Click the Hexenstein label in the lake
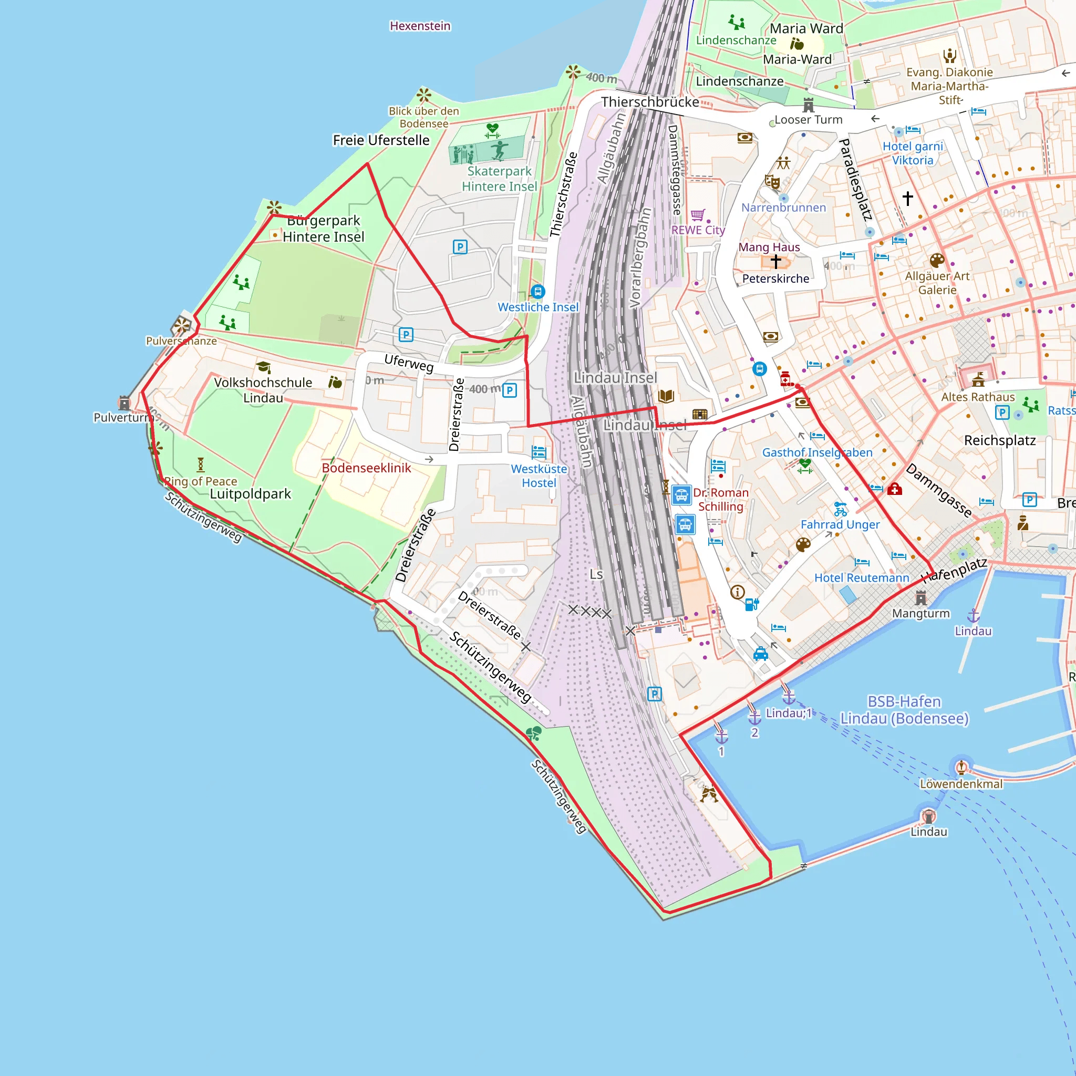pyautogui.click(x=420, y=26)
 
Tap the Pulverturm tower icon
pyautogui.click(x=124, y=402)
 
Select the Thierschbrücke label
pyautogui.click(x=649, y=102)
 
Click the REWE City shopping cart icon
pyautogui.click(x=698, y=215)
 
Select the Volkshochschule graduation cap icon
pyautogui.click(x=263, y=367)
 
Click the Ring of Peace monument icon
pyautogui.click(x=201, y=464)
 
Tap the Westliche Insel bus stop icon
pyautogui.click(x=537, y=291)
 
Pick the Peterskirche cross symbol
pyautogui.click(x=776, y=261)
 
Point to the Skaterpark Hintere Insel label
pyautogui.click(x=499, y=179)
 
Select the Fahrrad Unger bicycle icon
pyautogui.click(x=840, y=509)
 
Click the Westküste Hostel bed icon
pyautogui.click(x=539, y=452)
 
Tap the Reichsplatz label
pyautogui.click(x=1000, y=440)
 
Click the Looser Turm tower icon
pyautogui.click(x=808, y=105)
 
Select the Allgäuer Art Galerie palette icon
pyautogui.click(x=937, y=260)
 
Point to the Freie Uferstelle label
pyautogui.click(x=381, y=140)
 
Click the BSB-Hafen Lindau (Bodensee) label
pyautogui.click(x=905, y=710)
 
